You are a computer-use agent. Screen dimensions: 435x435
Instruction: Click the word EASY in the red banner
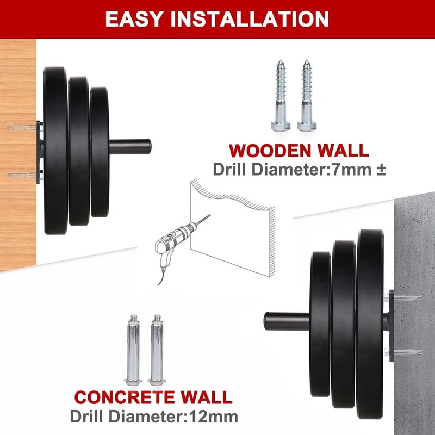coord(133,19)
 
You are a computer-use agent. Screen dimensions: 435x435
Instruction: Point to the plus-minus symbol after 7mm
coord(381,170)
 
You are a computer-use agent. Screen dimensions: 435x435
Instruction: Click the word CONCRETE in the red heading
coord(125,397)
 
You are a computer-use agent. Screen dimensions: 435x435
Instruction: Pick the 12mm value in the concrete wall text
coord(213,417)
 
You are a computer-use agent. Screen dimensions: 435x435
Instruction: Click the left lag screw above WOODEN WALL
coord(281,95)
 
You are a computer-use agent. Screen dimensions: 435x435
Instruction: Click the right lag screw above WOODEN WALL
coord(307,95)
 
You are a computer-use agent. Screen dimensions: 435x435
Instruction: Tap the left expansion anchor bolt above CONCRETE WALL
coord(133,350)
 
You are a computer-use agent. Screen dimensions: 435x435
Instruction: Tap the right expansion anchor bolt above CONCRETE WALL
coord(157,350)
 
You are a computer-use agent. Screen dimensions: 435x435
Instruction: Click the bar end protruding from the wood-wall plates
coord(130,147)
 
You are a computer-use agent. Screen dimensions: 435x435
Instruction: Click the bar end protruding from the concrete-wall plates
coord(287,321)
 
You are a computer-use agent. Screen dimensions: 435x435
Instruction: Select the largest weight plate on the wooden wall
coord(56,151)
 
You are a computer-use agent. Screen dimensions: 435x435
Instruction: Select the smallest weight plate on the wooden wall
coord(100,152)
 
